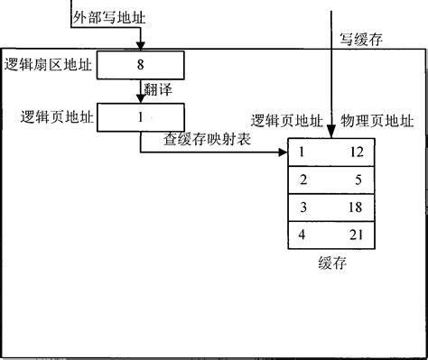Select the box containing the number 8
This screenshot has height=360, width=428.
[140, 65]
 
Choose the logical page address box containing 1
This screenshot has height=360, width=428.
[140, 117]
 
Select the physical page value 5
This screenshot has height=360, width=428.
[357, 180]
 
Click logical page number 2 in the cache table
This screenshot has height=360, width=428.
[303, 180]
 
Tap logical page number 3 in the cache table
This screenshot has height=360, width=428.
[303, 208]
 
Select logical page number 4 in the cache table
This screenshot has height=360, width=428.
[303, 236]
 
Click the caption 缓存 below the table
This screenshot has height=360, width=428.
[331, 264]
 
